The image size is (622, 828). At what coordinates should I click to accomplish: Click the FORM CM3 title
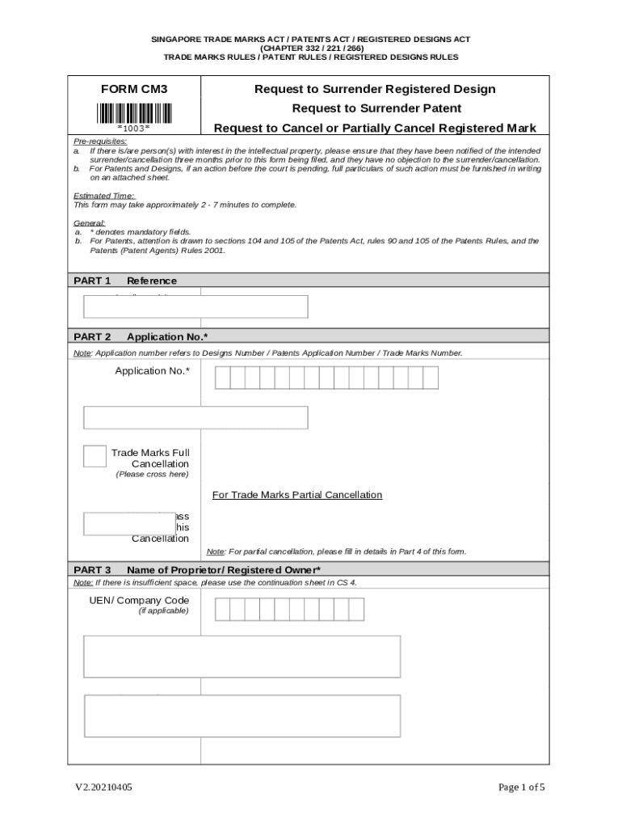[134, 90]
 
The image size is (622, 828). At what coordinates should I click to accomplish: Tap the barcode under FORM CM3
[134, 112]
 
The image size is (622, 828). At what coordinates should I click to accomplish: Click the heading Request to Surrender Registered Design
[375, 89]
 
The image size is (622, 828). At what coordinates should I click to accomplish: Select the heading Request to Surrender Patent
[376, 108]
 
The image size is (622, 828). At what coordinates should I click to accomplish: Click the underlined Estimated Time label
[104, 196]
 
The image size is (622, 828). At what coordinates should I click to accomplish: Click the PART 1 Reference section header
[125, 281]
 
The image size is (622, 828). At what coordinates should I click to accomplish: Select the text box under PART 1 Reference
[196, 307]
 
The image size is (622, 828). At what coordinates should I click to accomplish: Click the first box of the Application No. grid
[222, 378]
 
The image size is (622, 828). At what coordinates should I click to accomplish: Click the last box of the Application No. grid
[431, 378]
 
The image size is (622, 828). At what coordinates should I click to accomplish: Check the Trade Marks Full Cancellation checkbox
[95, 456]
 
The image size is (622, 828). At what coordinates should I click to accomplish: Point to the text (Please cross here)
[153, 475]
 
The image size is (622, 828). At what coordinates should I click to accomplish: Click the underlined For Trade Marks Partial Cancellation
[297, 495]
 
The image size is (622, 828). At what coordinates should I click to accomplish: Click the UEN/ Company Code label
[140, 600]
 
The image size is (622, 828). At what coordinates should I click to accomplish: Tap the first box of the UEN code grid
[222, 610]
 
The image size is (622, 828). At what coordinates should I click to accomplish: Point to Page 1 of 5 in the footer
[521, 788]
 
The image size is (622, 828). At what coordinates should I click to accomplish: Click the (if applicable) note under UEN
[164, 611]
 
